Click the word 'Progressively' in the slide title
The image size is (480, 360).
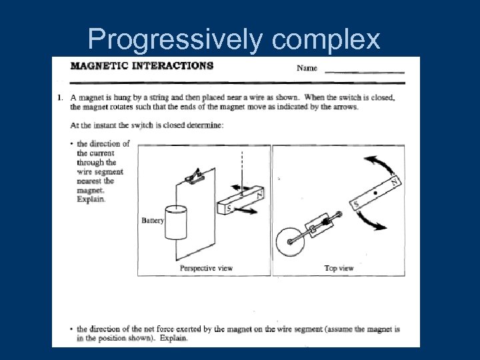pos(175,41)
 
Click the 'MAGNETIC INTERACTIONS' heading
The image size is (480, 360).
pos(142,66)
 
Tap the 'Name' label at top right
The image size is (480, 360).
pos(307,68)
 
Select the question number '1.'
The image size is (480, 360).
pos(61,97)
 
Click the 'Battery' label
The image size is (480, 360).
pos(153,221)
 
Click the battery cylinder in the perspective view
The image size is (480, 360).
pos(177,223)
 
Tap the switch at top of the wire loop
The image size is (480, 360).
pos(195,177)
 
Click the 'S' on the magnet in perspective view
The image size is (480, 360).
pos(230,208)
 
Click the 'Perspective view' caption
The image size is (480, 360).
pos(206,268)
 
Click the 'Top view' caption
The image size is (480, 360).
pos(339,268)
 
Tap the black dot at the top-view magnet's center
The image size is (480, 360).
pos(376,194)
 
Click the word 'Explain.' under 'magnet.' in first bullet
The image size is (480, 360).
pos(91,199)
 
